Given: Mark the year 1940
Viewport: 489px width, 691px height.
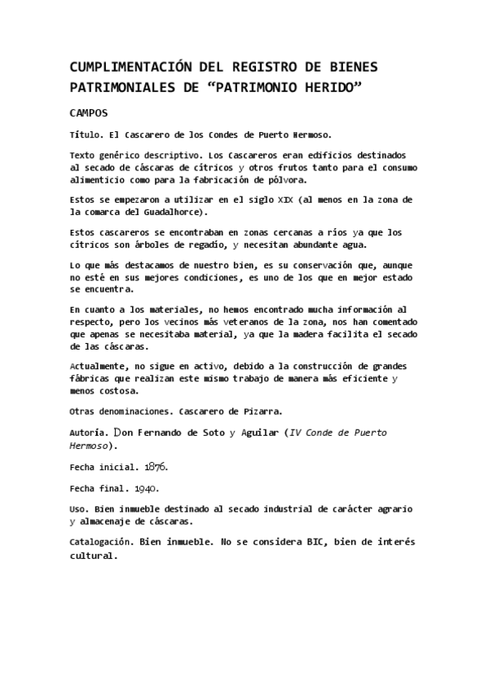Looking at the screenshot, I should (145, 489).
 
